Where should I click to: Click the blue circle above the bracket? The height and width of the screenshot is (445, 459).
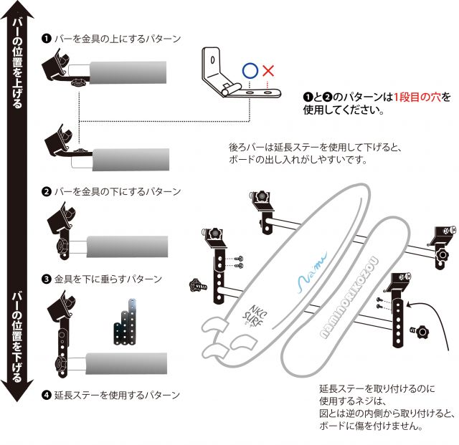[x=250, y=71]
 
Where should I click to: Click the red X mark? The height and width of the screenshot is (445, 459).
[x=269, y=71]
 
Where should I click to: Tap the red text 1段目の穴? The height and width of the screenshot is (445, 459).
[x=415, y=97]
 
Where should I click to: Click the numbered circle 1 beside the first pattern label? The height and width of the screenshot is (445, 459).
[x=46, y=37]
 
